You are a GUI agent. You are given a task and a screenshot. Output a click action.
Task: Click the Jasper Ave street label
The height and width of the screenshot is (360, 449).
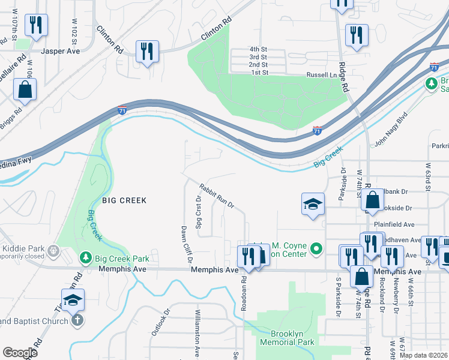click(60, 52)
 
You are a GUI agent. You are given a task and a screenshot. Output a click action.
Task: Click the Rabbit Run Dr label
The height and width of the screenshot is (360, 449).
click(216, 196)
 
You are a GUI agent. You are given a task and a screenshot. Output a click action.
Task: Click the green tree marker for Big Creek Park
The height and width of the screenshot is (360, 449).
click(86, 258)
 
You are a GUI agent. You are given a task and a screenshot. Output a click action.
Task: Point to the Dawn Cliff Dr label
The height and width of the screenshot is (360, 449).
click(185, 244)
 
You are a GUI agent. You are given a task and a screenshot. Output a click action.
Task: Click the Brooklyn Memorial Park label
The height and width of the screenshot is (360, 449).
click(288, 338)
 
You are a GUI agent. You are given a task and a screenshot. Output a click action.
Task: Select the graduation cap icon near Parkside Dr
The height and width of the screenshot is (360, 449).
click(313, 204)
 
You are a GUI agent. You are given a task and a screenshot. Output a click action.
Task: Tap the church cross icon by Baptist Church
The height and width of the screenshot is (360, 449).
click(76, 320)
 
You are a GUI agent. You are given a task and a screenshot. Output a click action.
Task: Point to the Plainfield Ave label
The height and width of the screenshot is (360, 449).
click(394, 224)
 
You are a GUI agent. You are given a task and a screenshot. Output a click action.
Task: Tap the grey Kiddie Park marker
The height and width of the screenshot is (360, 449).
click(54, 248)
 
